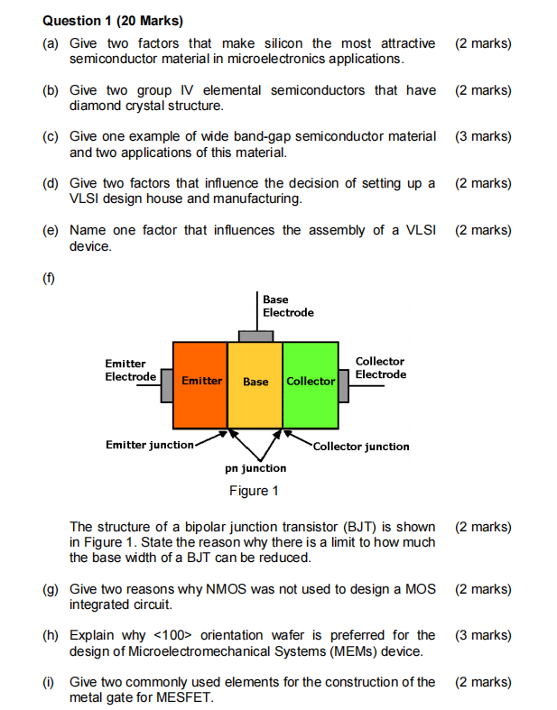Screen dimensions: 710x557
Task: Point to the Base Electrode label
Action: [x=288, y=306]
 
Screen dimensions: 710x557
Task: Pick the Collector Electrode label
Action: [x=380, y=368]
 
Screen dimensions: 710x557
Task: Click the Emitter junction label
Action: [x=149, y=445]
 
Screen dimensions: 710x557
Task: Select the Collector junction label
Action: [x=361, y=447]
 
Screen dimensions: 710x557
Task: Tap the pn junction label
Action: [x=255, y=468]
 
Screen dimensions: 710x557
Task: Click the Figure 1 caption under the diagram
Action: [x=254, y=491]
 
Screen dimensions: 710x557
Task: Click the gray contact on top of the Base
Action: [x=255, y=337]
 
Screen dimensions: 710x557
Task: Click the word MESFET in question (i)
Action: [x=186, y=697]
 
